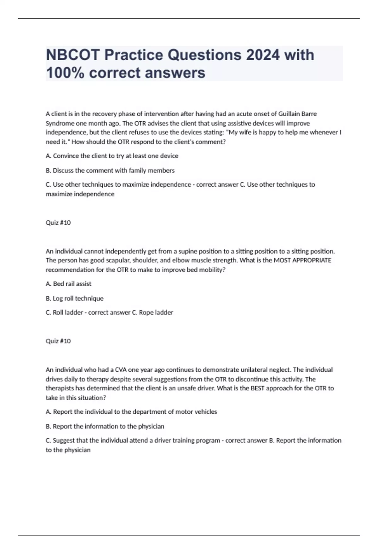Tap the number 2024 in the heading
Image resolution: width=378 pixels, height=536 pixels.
click(263, 55)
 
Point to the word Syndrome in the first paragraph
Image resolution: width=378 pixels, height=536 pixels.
click(60, 123)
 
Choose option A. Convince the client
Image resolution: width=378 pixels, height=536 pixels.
click(112, 156)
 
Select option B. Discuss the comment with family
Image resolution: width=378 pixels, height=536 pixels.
click(110, 171)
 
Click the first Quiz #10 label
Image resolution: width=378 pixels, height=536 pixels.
click(58, 223)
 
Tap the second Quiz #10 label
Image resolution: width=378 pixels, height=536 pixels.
click(58, 341)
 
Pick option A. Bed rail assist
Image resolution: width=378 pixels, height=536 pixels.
click(68, 284)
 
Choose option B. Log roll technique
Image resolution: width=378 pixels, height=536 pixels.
click(74, 298)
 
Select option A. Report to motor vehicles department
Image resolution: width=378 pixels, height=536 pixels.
click(131, 412)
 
